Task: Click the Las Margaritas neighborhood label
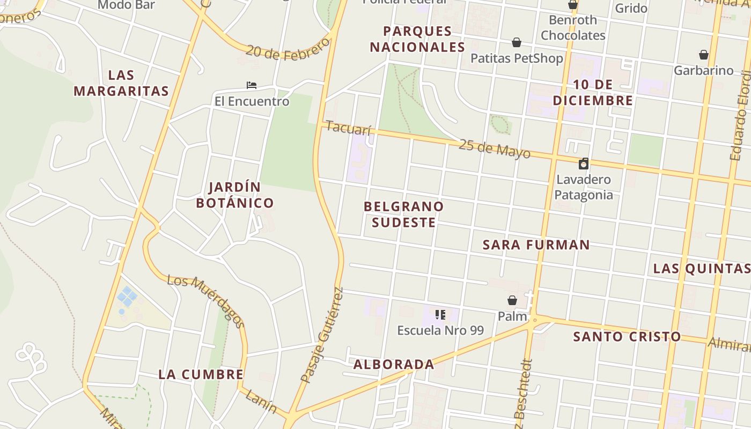[121, 83]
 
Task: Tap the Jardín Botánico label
[235, 195]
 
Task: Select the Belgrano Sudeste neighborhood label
[403, 214]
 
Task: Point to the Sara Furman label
[536, 245]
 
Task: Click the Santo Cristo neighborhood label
[627, 337]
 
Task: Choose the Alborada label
[394, 365]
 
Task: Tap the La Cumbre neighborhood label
[201, 374]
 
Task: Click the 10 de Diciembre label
[593, 92]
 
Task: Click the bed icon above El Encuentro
[252, 85]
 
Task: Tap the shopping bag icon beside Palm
[512, 300]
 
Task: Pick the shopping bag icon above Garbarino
[703, 55]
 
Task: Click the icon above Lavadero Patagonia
[583, 164]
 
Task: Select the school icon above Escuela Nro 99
[440, 315]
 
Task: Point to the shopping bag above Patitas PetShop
[516, 42]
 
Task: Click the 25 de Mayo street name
[494, 149]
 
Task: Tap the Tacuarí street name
[348, 129]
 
